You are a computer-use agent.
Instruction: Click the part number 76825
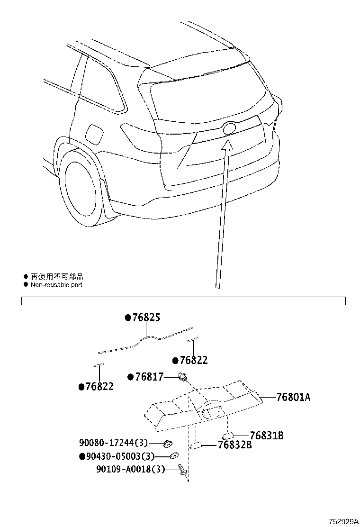pyautogui.click(x=145, y=318)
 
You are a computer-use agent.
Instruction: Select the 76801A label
pyautogui.click(x=293, y=397)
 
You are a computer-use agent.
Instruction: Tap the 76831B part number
pyautogui.click(x=266, y=435)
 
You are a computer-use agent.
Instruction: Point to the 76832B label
pyautogui.click(x=234, y=445)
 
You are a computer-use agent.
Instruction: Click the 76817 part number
pyautogui.click(x=149, y=377)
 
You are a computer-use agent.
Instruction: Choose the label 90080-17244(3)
pyautogui.click(x=114, y=443)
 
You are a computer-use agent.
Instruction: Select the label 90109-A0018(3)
pyautogui.click(x=130, y=469)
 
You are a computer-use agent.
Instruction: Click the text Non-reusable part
pyautogui.click(x=56, y=285)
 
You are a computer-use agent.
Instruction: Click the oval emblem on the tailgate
pyautogui.click(x=229, y=128)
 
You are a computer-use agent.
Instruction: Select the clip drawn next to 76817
pyautogui.click(x=181, y=377)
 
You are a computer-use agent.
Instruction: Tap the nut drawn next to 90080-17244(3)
pyautogui.click(x=167, y=444)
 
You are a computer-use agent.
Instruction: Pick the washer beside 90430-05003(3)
pyautogui.click(x=174, y=456)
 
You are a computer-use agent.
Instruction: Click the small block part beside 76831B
pyautogui.click(x=227, y=436)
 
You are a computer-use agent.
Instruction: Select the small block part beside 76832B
pyautogui.click(x=196, y=445)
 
